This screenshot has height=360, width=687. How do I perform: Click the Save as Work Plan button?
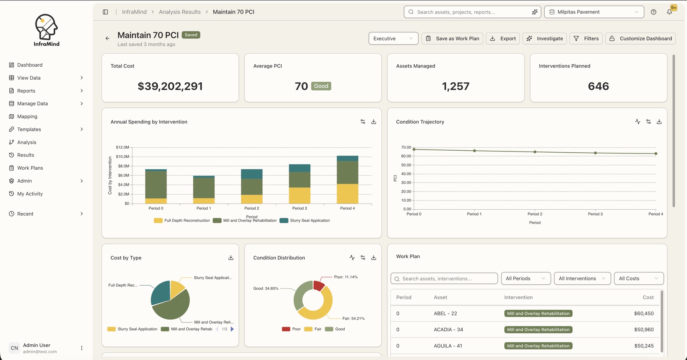452,38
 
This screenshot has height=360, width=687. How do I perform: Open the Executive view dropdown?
393,38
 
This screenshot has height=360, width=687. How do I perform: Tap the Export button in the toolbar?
502,38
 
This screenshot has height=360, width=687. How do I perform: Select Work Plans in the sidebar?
30,168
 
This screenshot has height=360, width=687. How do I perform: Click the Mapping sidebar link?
27,116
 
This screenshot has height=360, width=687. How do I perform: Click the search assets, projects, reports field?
472,12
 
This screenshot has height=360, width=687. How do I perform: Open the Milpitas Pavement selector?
594,12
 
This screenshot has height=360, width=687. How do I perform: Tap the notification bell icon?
669,12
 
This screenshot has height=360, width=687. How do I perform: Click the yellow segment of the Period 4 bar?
348,194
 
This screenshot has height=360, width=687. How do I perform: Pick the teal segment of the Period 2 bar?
251,174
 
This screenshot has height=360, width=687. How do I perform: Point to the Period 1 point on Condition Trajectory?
474,151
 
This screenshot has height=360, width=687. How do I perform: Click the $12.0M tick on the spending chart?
122,147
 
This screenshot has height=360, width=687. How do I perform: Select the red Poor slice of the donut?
319,286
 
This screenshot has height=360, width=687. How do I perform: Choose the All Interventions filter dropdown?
582,278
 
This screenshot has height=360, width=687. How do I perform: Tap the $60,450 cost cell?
644,314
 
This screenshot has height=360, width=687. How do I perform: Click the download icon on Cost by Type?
231,258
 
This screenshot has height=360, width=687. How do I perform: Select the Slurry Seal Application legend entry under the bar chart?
305,221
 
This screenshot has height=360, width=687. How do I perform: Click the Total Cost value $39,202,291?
170,86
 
